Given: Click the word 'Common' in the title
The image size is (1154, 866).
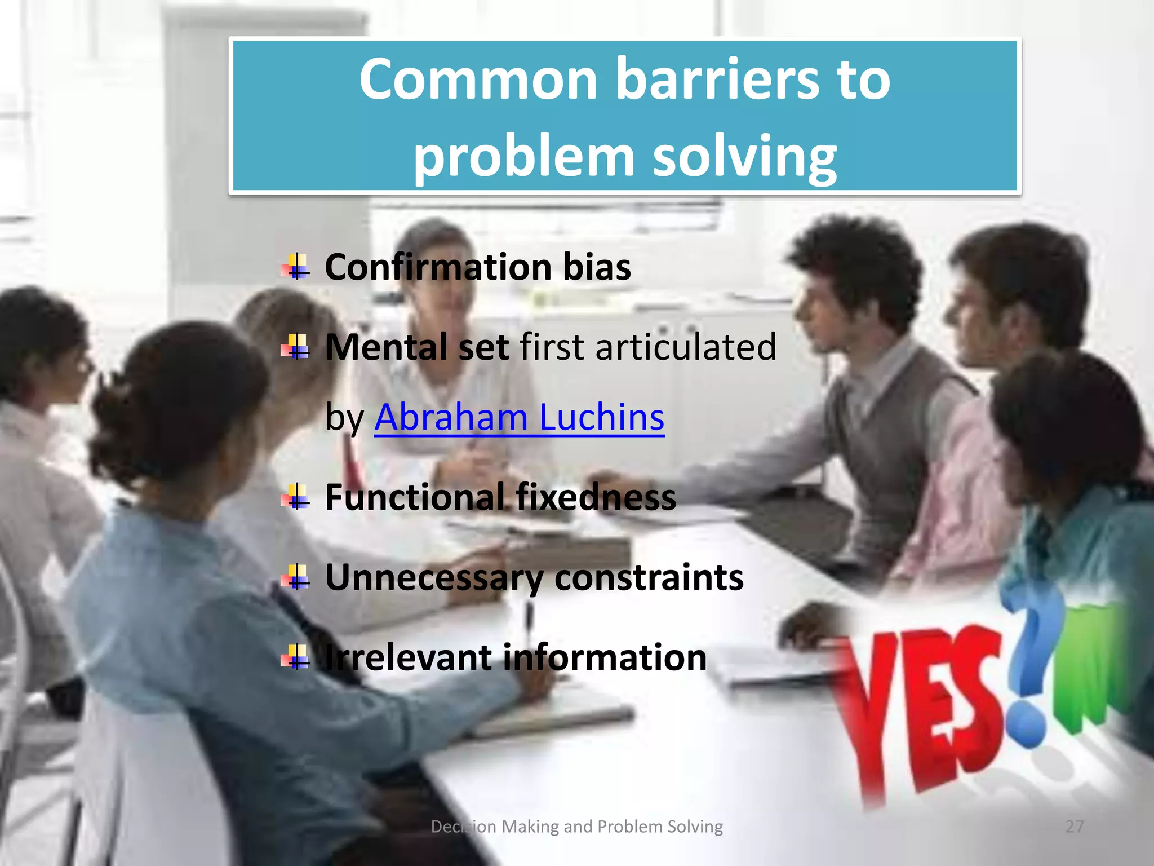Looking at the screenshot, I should point(478,80).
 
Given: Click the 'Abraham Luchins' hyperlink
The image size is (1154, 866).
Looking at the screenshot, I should point(519,418).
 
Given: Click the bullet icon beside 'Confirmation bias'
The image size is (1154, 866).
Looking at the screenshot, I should point(296,267).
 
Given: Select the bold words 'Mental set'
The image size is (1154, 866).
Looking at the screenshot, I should point(417,347).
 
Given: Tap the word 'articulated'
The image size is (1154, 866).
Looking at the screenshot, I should point(685,347).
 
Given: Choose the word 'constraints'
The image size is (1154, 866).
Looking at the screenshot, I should point(649,578).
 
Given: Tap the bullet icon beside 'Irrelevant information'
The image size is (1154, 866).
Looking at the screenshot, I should point(296,657).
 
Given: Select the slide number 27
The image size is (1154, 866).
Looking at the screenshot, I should point(1075,827).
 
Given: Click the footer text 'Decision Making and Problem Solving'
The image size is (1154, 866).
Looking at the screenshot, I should point(576,827).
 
